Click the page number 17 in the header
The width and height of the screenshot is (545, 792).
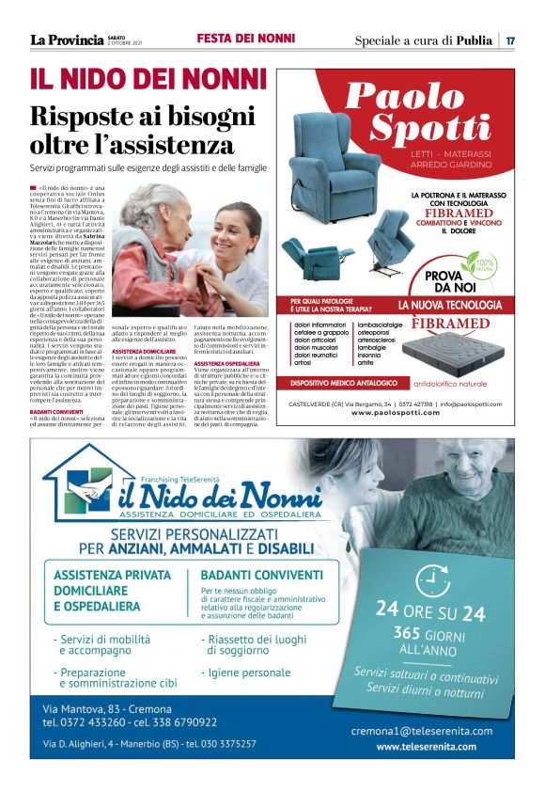pos(510,40)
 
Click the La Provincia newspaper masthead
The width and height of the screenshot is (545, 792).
pos(66,40)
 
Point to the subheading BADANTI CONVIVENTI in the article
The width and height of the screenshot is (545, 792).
pos(56,411)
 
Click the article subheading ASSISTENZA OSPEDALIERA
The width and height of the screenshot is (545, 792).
pos(226,362)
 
